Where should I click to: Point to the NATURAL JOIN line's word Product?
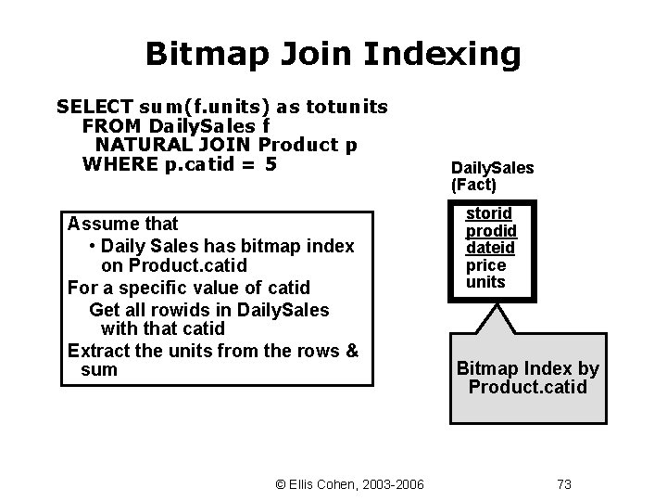pyautogui.click(x=296, y=145)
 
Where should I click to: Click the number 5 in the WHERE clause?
pyautogui.click(x=271, y=165)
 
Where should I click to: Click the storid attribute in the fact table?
pyautogui.click(x=487, y=214)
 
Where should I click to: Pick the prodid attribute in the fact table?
pyautogui.click(x=490, y=231)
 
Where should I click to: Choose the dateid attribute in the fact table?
pyautogui.click(x=490, y=248)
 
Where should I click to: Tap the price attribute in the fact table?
pyautogui.click(x=485, y=264)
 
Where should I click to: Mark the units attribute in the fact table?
pyautogui.click(x=485, y=281)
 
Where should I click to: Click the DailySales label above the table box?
pyautogui.click(x=492, y=168)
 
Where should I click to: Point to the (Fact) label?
pyautogui.click(x=473, y=185)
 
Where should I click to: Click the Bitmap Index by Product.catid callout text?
pyautogui.click(x=527, y=378)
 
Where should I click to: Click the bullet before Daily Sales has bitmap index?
pyautogui.click(x=94, y=247)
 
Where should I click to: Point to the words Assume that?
pyautogui.click(x=122, y=224)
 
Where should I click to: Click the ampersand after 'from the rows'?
pyautogui.click(x=351, y=350)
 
